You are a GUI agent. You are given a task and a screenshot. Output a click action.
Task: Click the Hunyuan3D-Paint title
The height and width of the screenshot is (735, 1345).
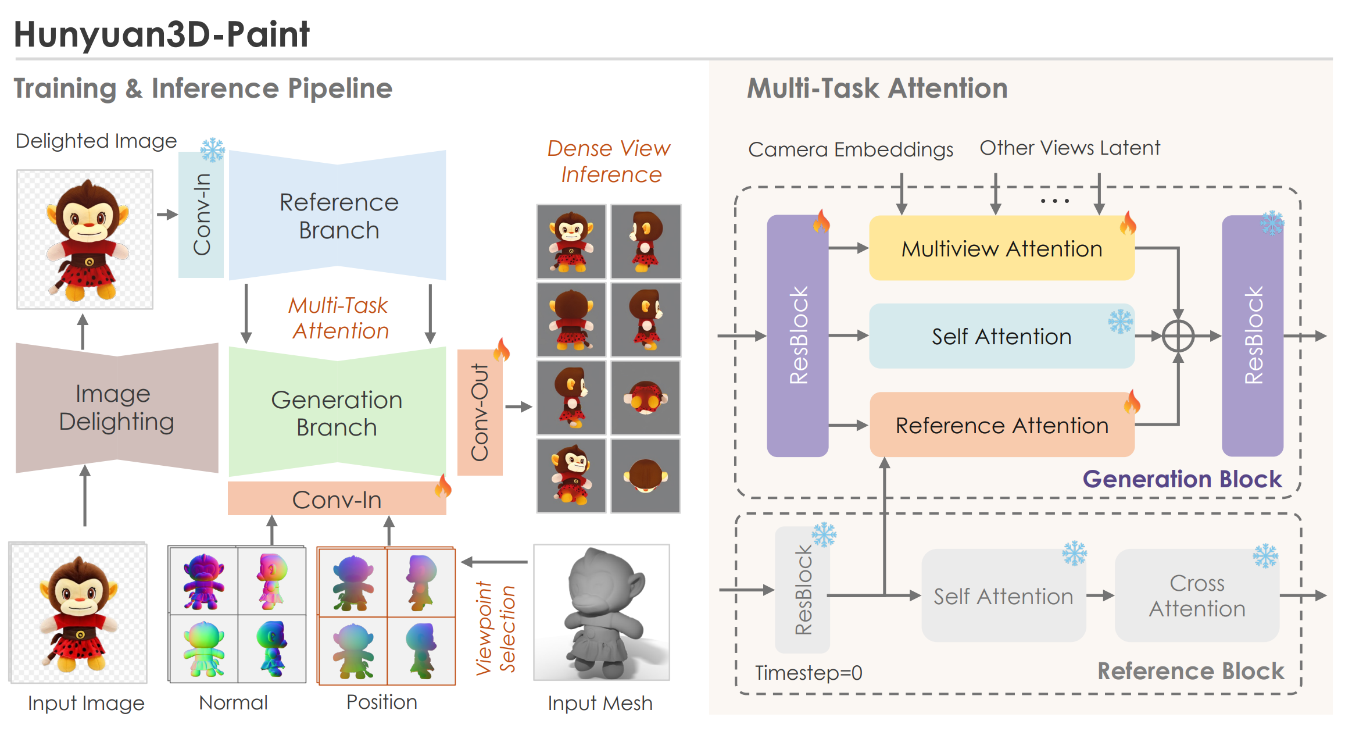[162, 34]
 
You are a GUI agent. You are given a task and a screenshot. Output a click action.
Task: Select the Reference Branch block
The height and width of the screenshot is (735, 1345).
[338, 216]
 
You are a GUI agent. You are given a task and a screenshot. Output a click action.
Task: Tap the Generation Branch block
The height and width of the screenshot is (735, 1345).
[337, 413]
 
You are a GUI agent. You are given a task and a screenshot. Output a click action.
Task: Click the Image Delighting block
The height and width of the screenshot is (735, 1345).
[116, 408]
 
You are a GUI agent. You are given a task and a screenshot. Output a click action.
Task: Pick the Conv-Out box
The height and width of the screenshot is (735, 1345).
[480, 412]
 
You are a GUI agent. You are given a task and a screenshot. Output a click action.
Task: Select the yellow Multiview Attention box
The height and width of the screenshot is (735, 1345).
[1001, 248]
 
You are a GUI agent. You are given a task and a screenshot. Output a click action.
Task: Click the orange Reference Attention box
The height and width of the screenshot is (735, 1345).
[1001, 425]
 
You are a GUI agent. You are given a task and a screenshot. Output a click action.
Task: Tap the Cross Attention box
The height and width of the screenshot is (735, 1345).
[1197, 595]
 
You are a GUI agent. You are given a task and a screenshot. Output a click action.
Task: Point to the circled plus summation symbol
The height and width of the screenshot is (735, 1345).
[1178, 336]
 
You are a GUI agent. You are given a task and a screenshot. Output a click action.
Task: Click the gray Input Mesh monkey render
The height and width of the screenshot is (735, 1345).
[602, 612]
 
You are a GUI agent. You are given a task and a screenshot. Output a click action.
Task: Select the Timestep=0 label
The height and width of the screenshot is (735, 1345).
[808, 673]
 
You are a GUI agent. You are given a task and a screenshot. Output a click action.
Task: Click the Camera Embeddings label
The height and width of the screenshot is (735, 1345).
[850, 149]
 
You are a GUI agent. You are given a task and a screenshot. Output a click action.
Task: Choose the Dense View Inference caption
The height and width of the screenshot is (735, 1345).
[609, 161]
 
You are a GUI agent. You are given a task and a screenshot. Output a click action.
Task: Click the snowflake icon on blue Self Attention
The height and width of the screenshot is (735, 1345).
[1120, 321]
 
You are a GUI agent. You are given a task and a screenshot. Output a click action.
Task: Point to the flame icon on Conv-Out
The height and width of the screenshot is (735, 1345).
[502, 349]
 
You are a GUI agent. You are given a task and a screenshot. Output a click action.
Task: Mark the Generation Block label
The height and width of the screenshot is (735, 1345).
[1182, 479]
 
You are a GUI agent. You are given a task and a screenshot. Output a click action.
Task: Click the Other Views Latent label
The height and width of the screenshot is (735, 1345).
[1069, 148]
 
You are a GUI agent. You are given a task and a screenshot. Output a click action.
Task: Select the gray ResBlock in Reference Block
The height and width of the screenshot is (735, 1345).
[802, 590]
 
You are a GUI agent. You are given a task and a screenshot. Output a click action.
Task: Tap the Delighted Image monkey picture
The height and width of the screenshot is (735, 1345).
[85, 239]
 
